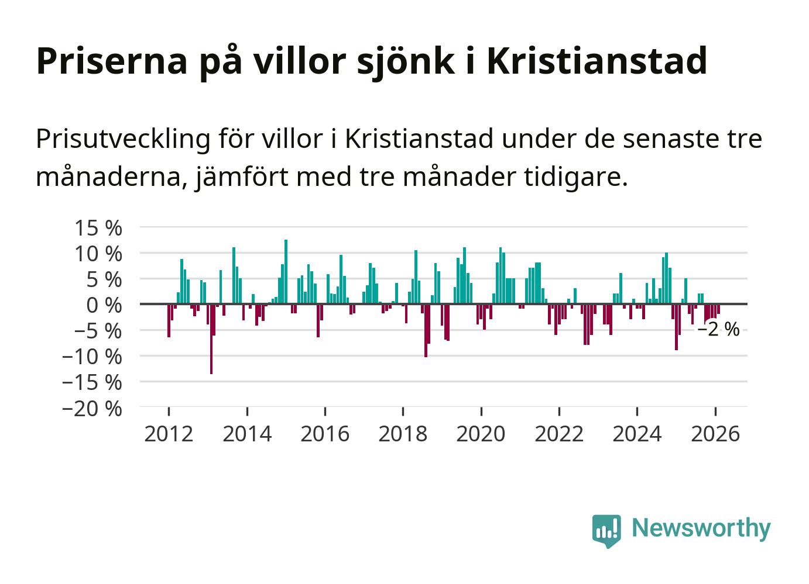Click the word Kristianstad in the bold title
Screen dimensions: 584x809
pos(597,60)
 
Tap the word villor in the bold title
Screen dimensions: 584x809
pos(294,60)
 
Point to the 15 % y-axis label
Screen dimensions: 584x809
pos(98,228)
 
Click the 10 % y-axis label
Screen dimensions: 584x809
pos(98,254)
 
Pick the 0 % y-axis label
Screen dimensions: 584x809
pos(104,305)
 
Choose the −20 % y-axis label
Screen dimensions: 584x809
pos(92,408)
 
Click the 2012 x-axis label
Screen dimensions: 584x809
pos(169,434)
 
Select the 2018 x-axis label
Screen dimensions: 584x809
pos(403,434)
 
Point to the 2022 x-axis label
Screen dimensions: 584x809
pos(559,434)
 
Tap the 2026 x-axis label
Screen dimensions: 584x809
pos(715,434)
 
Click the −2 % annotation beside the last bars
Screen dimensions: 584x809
pos(719,330)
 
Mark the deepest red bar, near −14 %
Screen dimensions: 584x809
pos(211,339)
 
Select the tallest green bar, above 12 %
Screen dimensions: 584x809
pos(286,272)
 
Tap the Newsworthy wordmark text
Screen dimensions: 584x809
pos(701,528)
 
